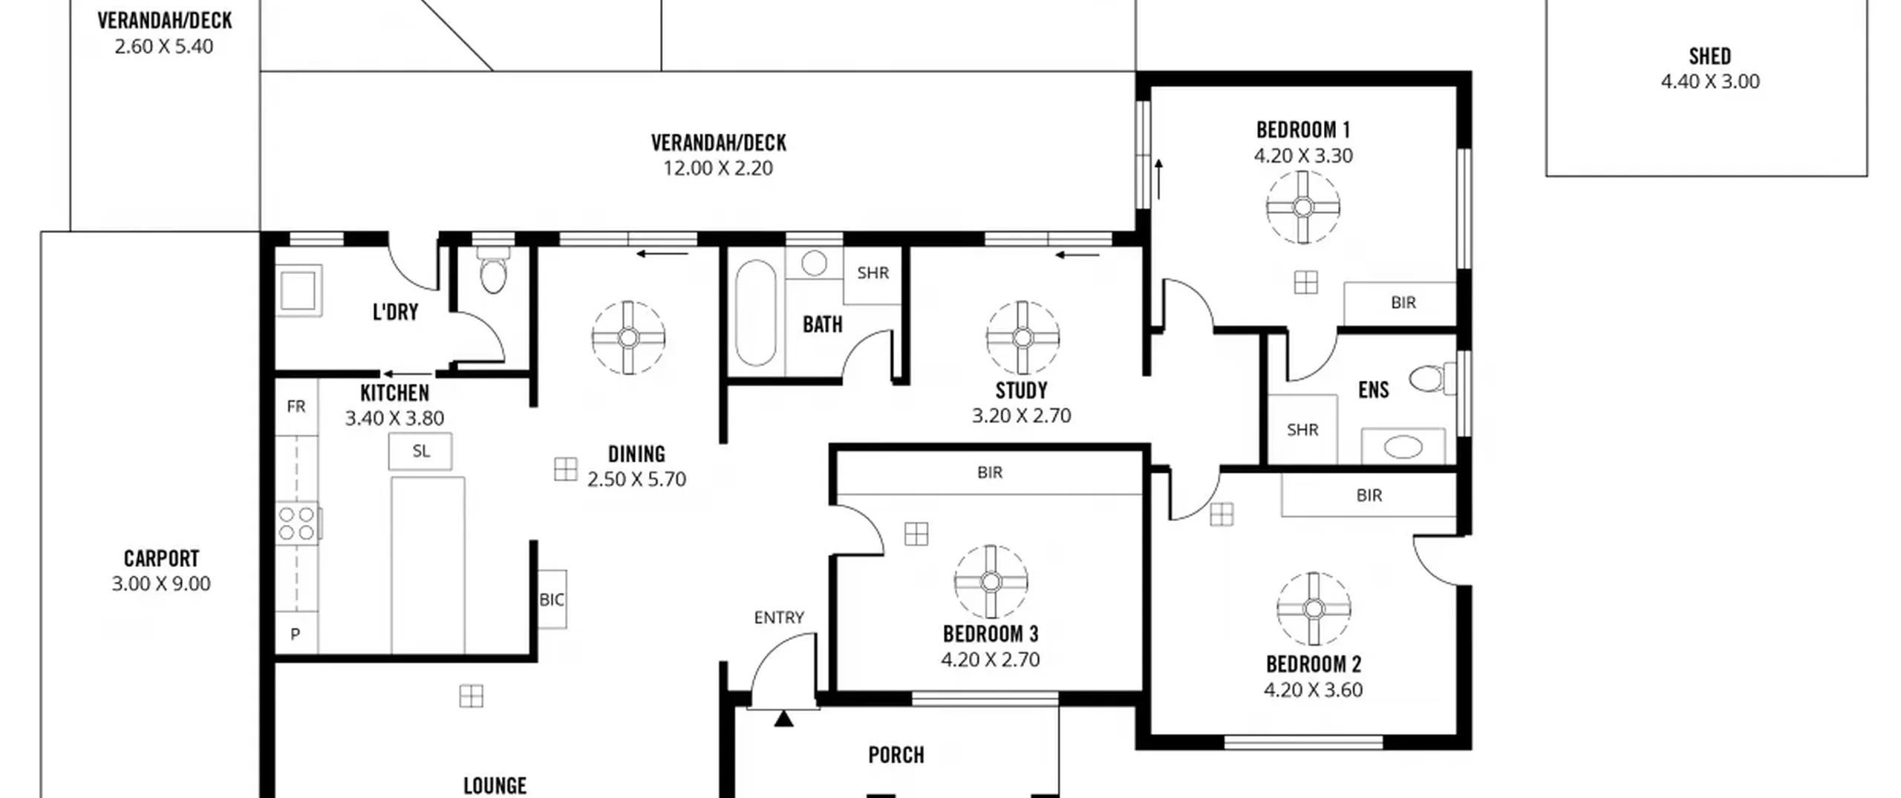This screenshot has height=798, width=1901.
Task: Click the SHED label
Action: coord(1709,56)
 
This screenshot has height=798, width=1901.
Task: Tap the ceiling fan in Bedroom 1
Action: coord(1303,207)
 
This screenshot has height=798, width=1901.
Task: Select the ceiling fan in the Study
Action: coord(1023,338)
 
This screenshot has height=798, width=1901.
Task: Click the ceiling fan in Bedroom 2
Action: coord(1314,609)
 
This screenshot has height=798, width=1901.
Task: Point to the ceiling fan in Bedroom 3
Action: coord(991,582)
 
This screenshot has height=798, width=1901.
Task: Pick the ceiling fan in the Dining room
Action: coord(628,338)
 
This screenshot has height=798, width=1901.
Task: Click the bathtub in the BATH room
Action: coord(755,313)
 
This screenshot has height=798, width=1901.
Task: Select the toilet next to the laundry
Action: coord(493,270)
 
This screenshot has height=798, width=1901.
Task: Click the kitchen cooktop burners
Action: coord(297,523)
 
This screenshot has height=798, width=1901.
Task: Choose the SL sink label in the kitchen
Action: coord(421,451)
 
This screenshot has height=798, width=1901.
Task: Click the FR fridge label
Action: coord(296,407)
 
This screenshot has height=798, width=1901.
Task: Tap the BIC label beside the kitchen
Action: coord(552,600)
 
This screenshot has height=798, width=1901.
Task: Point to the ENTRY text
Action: coord(779,618)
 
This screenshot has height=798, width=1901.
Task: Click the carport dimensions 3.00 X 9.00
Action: coord(161,583)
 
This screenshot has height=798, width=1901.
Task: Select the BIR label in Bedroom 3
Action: coord(990,472)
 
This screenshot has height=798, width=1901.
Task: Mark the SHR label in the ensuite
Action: coord(1302,430)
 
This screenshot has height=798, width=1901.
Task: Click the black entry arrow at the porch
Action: coord(783,719)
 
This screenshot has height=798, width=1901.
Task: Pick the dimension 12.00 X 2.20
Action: coord(718,169)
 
